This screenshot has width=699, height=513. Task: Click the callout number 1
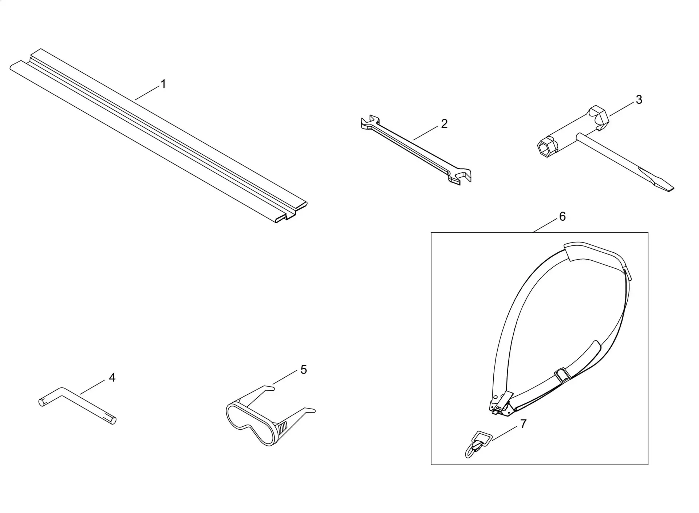pos(163,84)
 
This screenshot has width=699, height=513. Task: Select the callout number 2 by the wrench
pos(444,124)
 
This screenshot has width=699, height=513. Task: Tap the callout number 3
pos(639,99)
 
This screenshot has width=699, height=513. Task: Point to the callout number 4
pos(112,378)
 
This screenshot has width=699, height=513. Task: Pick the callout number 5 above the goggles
pos(304,370)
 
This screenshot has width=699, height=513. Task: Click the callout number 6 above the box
pos(562,217)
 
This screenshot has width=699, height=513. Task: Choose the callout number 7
pos(523,424)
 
